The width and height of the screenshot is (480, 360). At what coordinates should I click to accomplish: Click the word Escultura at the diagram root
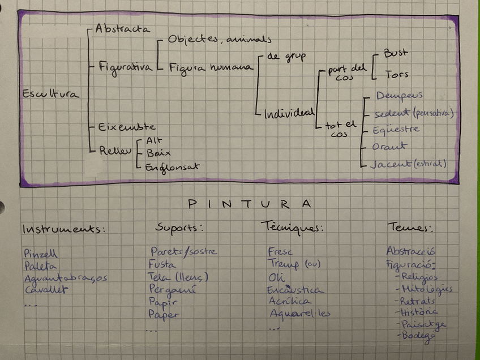click(x=50, y=95)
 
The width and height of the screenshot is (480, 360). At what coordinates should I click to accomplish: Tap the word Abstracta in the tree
click(x=122, y=28)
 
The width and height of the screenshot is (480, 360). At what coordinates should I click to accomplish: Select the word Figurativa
click(x=125, y=67)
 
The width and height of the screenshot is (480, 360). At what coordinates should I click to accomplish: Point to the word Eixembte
click(x=126, y=127)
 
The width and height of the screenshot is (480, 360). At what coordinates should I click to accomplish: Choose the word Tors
click(x=396, y=74)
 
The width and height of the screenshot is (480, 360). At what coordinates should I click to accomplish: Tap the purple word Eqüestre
click(x=396, y=129)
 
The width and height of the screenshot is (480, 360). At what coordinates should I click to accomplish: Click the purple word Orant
click(x=389, y=147)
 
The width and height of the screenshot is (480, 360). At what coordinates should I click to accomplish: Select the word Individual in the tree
click(x=289, y=113)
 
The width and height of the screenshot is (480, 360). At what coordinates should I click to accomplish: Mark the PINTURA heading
click(x=249, y=204)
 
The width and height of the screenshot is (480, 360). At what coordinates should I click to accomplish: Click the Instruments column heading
click(x=65, y=229)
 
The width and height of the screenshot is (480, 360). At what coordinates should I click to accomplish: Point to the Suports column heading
click(x=179, y=228)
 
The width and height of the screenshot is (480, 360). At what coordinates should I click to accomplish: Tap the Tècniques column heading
click(x=292, y=228)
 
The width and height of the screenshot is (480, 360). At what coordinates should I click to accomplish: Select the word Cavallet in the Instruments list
click(x=46, y=290)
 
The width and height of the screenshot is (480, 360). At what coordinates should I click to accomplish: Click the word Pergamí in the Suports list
click(x=172, y=289)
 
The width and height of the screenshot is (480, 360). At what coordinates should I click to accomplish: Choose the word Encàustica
click(x=296, y=290)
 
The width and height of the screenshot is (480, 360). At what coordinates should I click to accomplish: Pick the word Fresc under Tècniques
click(x=281, y=251)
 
